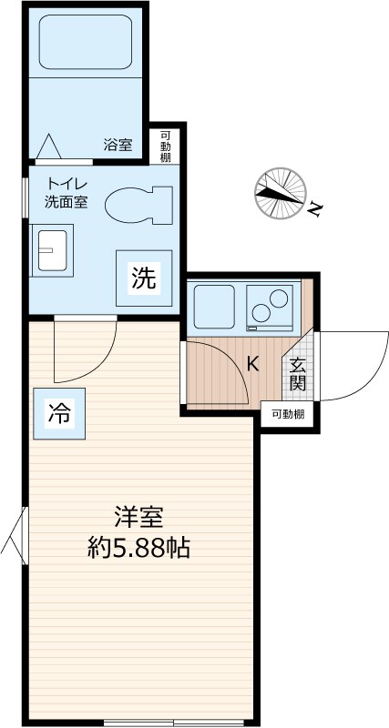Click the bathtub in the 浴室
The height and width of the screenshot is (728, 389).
click(87, 45)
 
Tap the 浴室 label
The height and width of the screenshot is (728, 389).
click(117, 144)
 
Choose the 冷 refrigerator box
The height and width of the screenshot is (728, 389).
click(57, 414)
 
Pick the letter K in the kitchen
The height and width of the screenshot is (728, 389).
click(253, 365)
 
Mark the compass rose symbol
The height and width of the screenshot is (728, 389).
click(279, 193)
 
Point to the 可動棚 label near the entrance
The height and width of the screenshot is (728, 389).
click(288, 414)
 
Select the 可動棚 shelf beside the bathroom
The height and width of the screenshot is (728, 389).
click(166, 145)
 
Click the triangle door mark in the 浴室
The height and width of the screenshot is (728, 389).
click(48, 146)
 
